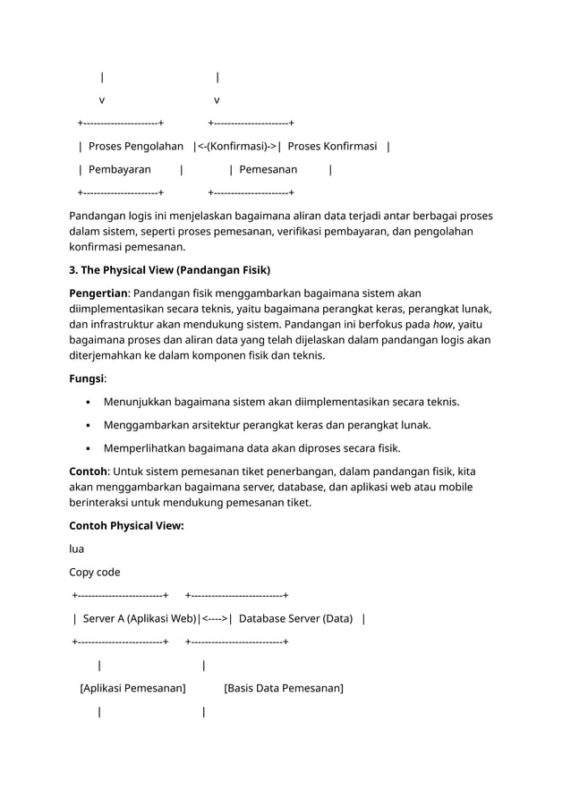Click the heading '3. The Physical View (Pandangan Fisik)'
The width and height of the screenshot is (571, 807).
pos(169,270)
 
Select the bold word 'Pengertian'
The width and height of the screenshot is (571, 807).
pos(98,293)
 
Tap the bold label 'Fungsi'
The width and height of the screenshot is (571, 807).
pos(86,378)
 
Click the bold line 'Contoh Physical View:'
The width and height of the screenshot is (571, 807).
pos(126,526)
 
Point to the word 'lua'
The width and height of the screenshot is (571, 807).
pos(76,549)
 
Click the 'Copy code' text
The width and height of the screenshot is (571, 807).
pos(94,573)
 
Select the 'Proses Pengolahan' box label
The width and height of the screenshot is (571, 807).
pos(136,147)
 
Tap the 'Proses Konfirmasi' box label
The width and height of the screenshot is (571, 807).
pos(332,147)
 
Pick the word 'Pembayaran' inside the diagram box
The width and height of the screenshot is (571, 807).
pos(119,170)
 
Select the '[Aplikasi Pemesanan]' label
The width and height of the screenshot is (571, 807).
pos(132,688)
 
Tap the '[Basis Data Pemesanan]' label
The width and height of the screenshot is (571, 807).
pos(284,688)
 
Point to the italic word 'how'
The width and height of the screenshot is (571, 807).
pos(442,325)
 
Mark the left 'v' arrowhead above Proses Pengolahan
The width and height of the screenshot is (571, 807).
pos(101,100)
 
